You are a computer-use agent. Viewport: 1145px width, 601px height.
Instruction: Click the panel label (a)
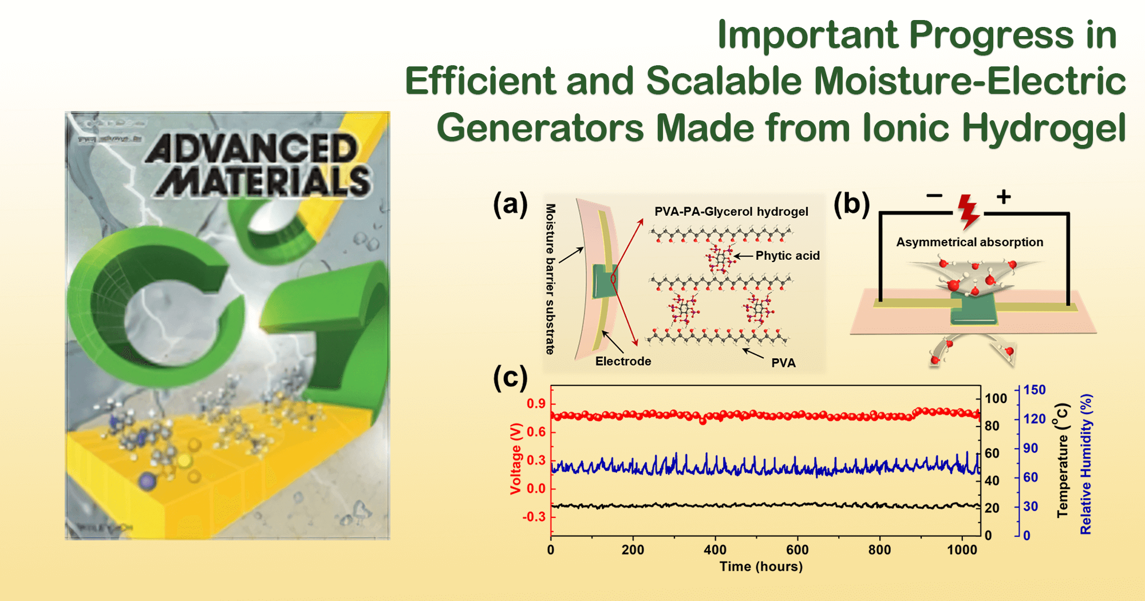pos(510,204)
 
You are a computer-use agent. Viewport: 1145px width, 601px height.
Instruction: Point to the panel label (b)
pos(851,204)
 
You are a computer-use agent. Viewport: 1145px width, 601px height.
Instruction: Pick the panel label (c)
pos(510,378)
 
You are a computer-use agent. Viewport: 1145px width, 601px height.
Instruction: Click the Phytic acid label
pos(787,256)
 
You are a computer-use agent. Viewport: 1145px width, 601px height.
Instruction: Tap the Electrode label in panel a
pos(623,361)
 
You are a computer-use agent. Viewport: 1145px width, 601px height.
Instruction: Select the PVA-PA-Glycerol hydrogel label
pos(731,212)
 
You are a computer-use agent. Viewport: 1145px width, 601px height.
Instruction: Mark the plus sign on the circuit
pos(1004,197)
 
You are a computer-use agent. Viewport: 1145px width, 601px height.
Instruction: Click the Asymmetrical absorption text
pos(969,242)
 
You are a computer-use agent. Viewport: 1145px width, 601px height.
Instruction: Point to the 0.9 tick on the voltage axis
pos(536,404)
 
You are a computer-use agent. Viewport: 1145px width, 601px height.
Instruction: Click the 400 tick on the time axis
pos(715,550)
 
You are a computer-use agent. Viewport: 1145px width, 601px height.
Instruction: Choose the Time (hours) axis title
pos(761,567)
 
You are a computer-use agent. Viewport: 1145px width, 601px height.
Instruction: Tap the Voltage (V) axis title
pos(516,458)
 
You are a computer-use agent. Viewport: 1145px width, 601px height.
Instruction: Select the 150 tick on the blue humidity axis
pos(1035,390)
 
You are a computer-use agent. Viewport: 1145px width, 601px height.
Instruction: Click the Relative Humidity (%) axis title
pos(1085,464)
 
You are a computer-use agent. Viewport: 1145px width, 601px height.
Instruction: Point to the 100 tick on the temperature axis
pos(996,398)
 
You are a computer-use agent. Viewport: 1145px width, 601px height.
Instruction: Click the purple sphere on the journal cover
pos(148,481)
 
